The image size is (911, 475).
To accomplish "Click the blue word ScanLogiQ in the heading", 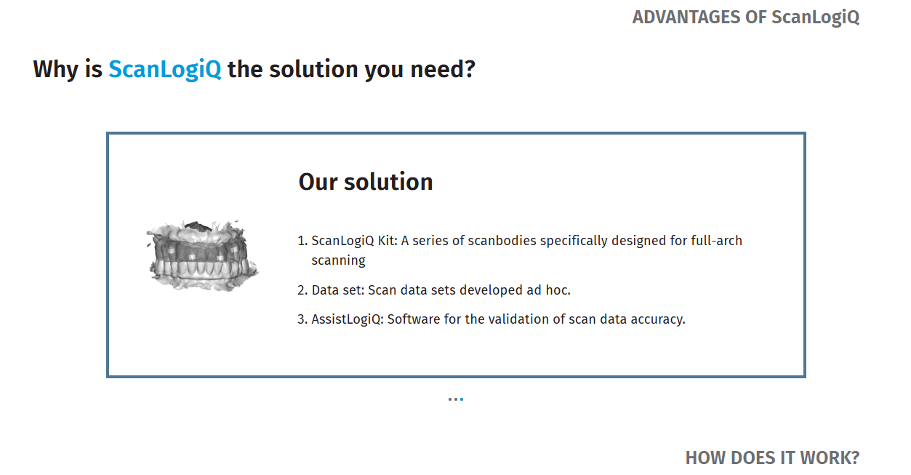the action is coord(165,69).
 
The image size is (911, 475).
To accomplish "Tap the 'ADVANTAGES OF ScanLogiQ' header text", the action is coord(746,17).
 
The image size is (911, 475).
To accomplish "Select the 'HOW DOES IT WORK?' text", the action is coord(772,458).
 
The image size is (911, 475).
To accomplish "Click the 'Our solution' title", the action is coord(366,182).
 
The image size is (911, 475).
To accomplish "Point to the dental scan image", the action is coord(202,255).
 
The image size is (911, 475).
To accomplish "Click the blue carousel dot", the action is coord(462,399).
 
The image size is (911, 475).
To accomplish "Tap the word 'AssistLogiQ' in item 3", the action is coord(347,319).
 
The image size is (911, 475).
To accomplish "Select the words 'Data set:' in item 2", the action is coord(338,290).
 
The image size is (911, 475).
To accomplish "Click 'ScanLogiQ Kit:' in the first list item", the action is coord(354,241).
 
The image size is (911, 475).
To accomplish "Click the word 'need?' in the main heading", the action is coord(443,69).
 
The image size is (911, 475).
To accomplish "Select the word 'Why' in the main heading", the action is coord(56,70).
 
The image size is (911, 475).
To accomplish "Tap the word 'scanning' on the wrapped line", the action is coord(338,261).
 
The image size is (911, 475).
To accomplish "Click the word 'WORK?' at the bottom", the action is coord(830,458).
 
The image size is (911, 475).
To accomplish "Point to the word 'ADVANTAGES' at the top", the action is coord(686,17).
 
